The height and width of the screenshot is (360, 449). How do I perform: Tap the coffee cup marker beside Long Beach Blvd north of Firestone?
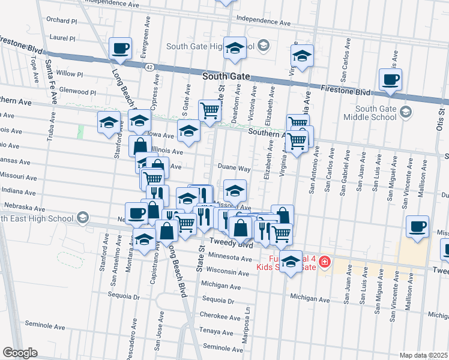[120, 49]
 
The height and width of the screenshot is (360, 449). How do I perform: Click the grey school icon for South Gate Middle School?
[406, 112]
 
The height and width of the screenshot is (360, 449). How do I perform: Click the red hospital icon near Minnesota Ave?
[324, 262]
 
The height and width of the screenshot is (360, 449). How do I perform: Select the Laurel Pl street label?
[63, 38]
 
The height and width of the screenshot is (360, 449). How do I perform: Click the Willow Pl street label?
[69, 73]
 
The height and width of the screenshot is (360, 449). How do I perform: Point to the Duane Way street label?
[234, 169]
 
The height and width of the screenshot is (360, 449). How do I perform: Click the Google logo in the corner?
[20, 353]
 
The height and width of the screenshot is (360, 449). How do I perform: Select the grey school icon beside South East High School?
[83, 217]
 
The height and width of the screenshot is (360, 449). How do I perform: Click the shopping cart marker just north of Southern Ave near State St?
[209, 110]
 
